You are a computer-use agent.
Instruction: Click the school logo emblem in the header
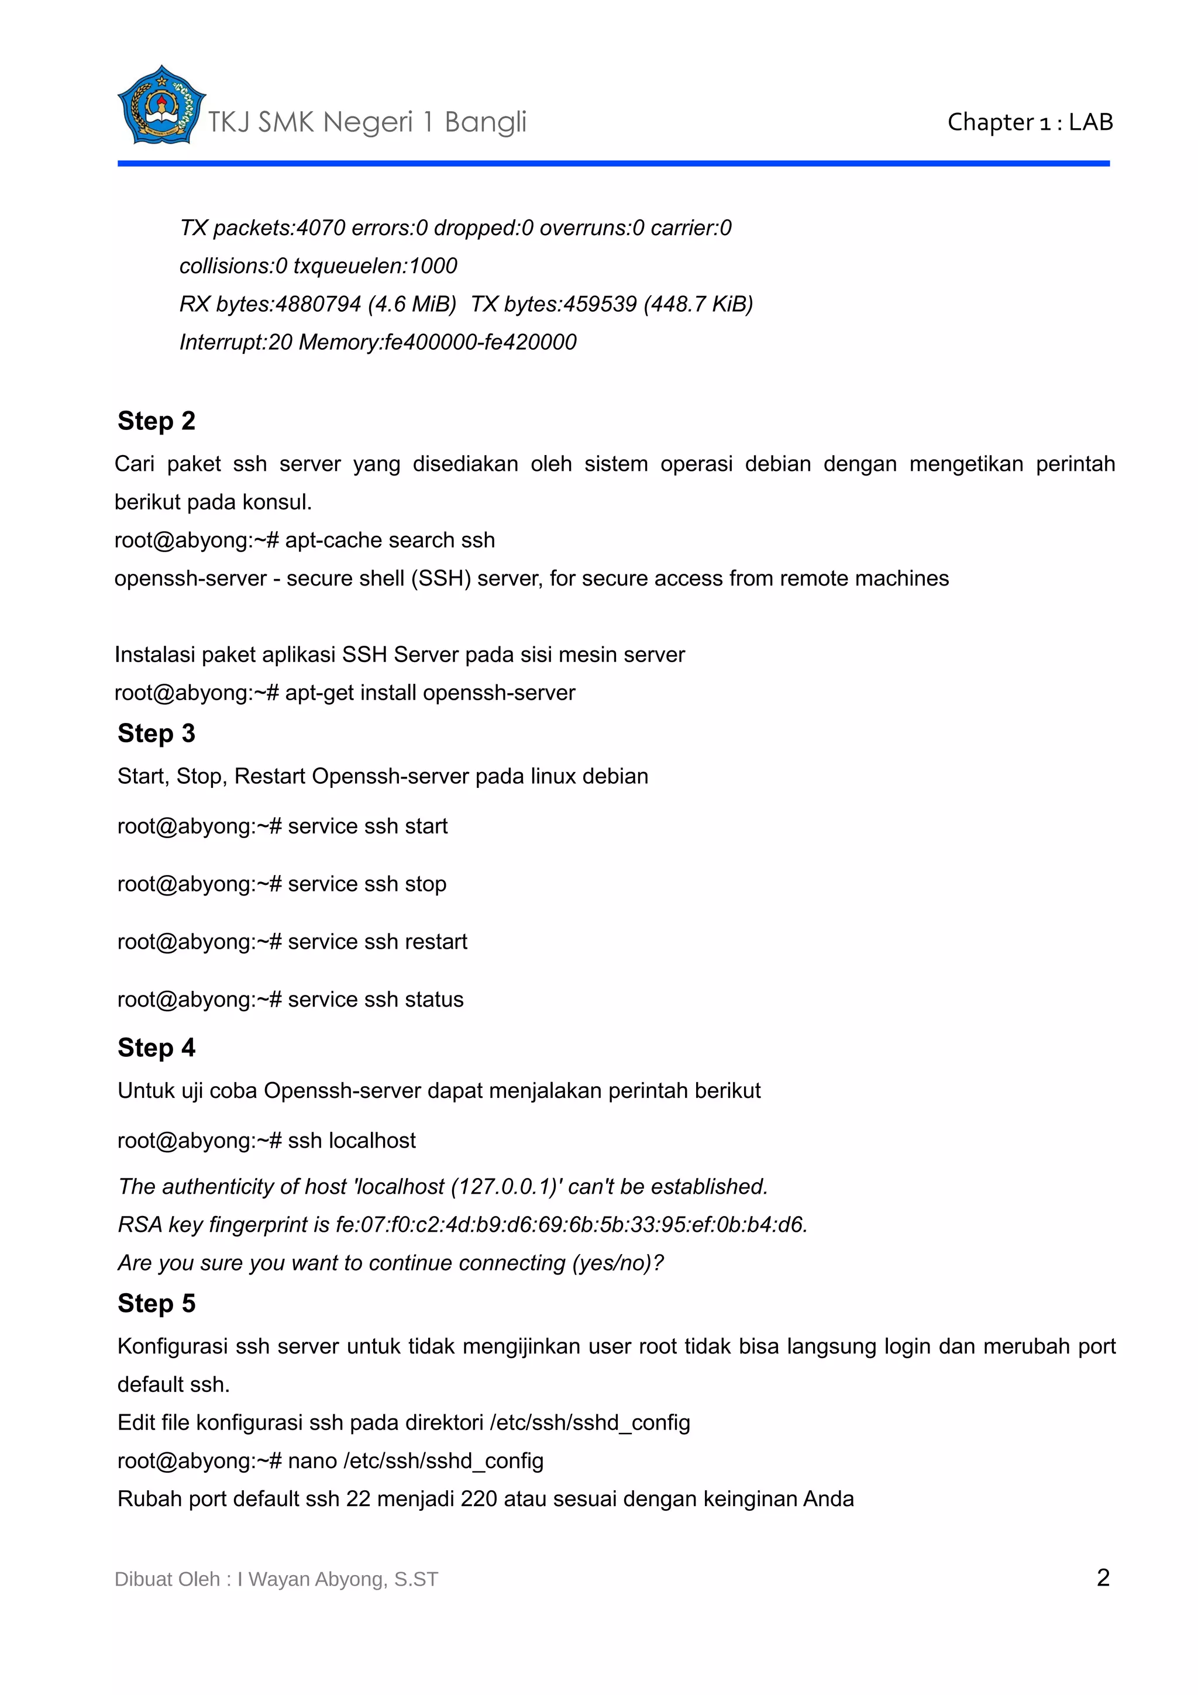(x=161, y=105)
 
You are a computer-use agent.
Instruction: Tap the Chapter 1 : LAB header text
(x=1030, y=122)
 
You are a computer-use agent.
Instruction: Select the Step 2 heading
(x=157, y=421)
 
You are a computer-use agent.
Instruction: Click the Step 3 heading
(x=157, y=733)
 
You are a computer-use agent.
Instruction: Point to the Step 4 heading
(x=157, y=1048)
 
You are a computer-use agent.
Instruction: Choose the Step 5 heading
(x=157, y=1303)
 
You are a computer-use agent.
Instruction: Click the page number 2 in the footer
(x=1103, y=1577)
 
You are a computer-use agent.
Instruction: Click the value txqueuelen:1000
(x=375, y=266)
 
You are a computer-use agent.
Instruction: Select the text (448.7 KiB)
(x=697, y=304)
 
